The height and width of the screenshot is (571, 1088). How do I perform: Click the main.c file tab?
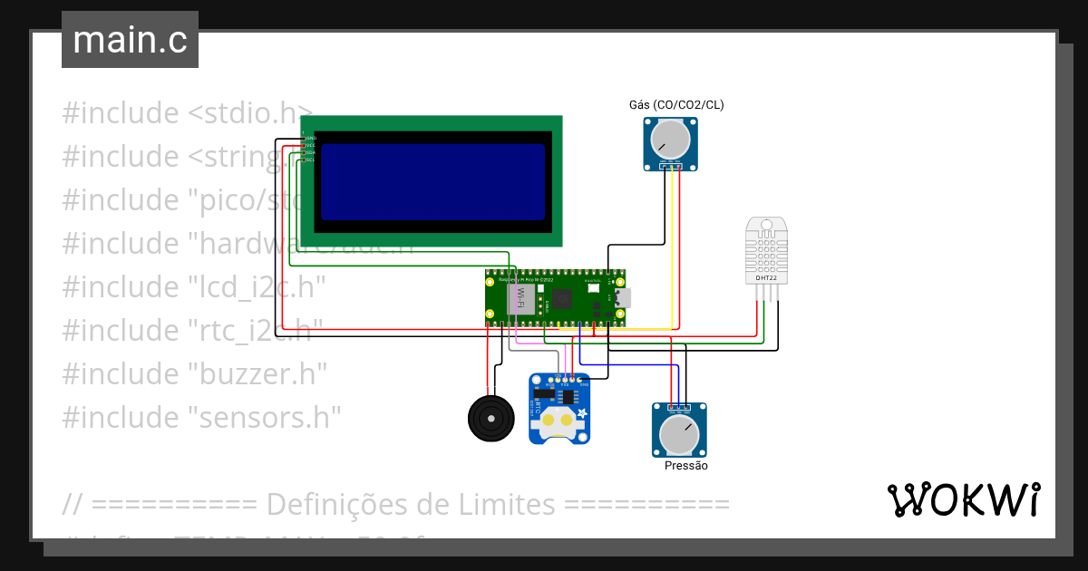pyautogui.click(x=130, y=40)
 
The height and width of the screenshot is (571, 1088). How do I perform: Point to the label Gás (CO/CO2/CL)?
pyautogui.click(x=676, y=105)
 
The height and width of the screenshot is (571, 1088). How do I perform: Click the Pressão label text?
pyautogui.click(x=685, y=466)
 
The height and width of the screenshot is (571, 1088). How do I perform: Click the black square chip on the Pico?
pyautogui.click(x=565, y=298)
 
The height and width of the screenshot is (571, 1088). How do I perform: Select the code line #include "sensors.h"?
pyautogui.click(x=201, y=417)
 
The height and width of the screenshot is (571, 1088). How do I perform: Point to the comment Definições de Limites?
pyautogui.click(x=395, y=503)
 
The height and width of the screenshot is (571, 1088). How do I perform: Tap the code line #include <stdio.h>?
pyautogui.click(x=187, y=113)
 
